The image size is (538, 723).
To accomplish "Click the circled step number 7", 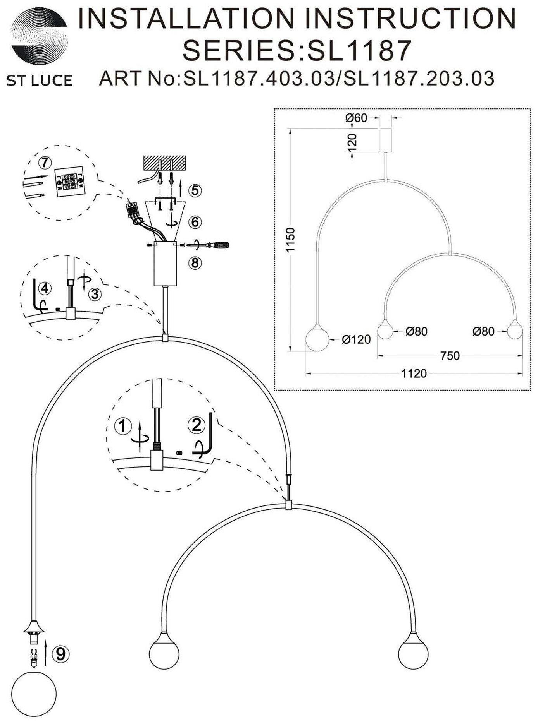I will coord(45,163).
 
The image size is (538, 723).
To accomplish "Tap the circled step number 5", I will coord(195,190).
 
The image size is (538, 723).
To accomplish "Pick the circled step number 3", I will coord(95,295).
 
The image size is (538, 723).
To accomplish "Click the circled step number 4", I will coord(45,288).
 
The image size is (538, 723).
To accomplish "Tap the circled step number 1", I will coord(123,427).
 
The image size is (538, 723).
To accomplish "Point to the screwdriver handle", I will coord(219,245).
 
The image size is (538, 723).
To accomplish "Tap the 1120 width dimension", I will coord(414,373).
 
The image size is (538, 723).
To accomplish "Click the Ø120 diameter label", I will coord(356,339).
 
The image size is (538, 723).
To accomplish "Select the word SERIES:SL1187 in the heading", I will coord(297,50).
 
